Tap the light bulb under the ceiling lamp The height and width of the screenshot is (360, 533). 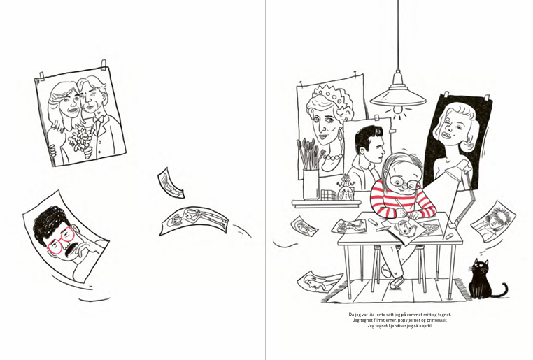(x=397, y=110)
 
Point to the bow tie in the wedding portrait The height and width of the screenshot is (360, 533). (x=99, y=120)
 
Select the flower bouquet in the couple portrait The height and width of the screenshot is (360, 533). (x=80, y=141)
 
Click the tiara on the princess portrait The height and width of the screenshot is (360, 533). (x=328, y=94)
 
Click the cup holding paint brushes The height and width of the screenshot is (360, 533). (x=311, y=185)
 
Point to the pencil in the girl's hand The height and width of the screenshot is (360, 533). (x=398, y=206)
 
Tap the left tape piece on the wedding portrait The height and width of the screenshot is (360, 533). (x=42, y=76)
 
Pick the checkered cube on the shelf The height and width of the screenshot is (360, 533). (x=327, y=195)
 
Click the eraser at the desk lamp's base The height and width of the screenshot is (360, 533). (x=448, y=235)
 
